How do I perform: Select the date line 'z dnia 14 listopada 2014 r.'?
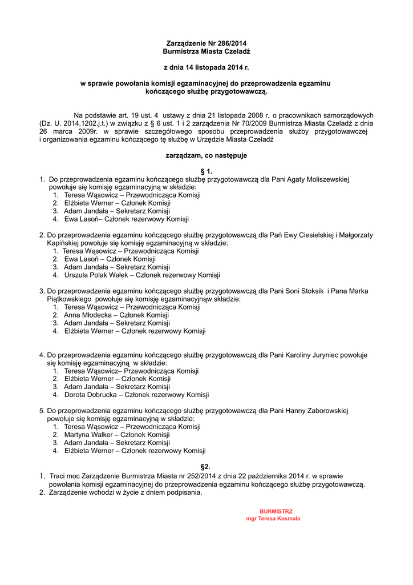pyautogui.click(x=206, y=67)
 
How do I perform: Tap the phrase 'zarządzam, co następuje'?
pyautogui.click(x=206, y=155)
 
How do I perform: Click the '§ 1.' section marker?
pyautogui.click(x=206, y=171)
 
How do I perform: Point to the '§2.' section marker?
pyautogui.click(x=206, y=467)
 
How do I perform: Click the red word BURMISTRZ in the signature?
pyautogui.click(x=276, y=511)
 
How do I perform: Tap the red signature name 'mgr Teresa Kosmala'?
pyautogui.click(x=273, y=519)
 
